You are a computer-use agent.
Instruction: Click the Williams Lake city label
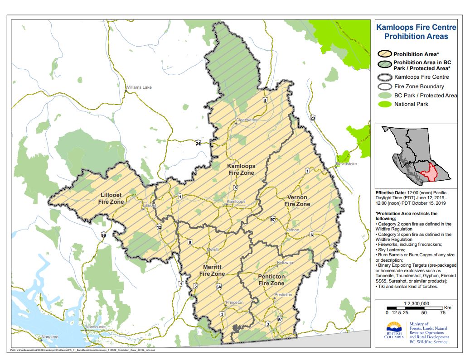point(139,87)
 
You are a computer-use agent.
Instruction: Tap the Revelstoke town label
point(347,164)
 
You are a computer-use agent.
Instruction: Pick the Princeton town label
point(234,302)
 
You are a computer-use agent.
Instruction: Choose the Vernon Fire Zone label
point(297,201)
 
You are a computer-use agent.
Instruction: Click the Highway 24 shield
point(198,144)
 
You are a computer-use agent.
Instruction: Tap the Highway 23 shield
point(313,118)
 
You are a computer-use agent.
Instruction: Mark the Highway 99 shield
point(104,235)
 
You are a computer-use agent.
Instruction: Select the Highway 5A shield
point(218,286)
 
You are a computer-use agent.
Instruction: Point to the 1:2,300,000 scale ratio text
point(416,303)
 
